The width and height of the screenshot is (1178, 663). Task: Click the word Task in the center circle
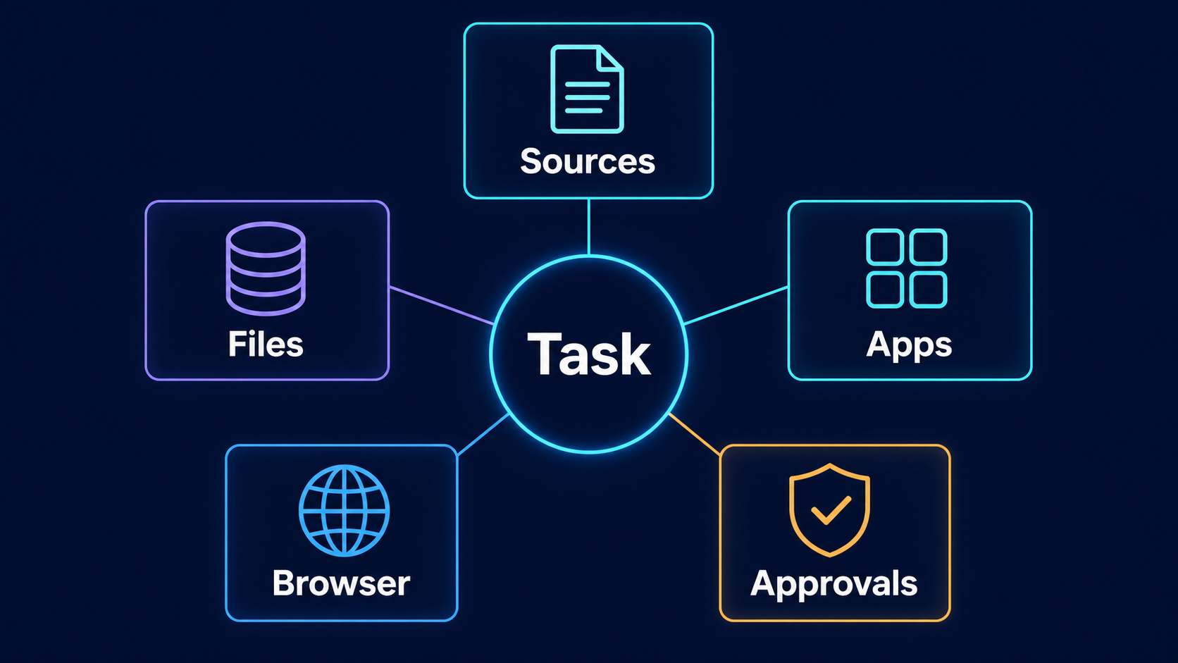[x=589, y=354]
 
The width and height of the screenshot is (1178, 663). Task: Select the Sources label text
[x=588, y=161]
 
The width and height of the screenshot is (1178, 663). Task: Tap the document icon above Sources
[x=587, y=89]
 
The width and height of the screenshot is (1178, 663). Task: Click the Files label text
[x=266, y=345]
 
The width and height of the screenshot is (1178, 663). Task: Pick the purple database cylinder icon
[x=266, y=268]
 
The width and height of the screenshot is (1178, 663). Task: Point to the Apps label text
[x=909, y=345]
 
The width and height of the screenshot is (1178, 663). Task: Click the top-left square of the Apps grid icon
[x=885, y=246]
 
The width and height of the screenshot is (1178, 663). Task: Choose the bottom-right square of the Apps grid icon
[x=929, y=290]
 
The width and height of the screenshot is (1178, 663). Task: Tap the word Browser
[x=341, y=583]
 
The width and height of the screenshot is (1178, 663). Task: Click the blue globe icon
[x=344, y=510]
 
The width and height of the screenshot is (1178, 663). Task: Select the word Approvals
[x=834, y=585]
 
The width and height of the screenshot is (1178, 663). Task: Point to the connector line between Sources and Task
[x=588, y=227]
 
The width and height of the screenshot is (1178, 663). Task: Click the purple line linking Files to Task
[x=441, y=306]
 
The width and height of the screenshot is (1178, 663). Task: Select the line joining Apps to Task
[x=736, y=306]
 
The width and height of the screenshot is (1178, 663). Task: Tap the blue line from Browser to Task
[x=483, y=434]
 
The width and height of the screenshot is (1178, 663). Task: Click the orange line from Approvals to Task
[x=694, y=434]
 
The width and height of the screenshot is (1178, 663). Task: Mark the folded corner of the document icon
[x=610, y=58]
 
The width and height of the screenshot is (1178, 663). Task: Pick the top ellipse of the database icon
[x=266, y=240]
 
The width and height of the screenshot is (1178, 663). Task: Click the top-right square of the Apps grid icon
[x=929, y=246]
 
